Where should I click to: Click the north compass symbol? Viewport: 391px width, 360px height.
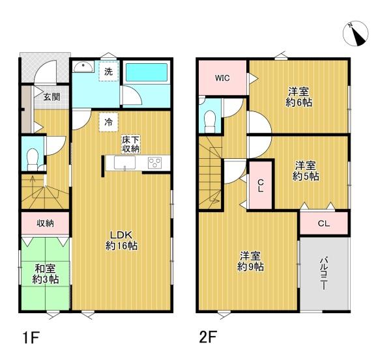click(355, 34)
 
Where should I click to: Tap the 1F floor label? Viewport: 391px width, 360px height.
click(31, 338)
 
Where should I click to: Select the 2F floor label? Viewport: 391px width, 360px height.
click(209, 337)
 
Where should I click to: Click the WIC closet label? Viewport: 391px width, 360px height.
click(222, 78)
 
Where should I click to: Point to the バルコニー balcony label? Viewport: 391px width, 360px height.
click(324, 273)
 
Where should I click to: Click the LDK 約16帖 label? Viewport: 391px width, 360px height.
click(121, 240)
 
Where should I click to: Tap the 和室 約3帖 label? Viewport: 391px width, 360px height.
click(46, 274)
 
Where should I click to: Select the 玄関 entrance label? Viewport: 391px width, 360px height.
click(52, 97)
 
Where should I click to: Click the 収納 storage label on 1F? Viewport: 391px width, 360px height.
click(45, 223)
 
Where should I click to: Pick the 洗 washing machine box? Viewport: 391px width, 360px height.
click(108, 72)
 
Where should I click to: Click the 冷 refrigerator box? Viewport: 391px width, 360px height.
click(108, 122)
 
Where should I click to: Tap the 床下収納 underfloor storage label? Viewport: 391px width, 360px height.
click(131, 144)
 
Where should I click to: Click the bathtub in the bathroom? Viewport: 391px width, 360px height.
click(147, 72)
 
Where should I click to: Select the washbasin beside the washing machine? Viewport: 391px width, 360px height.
click(83, 66)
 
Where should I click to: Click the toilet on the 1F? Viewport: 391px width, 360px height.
click(33, 159)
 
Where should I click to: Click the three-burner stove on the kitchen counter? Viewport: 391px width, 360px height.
click(155, 163)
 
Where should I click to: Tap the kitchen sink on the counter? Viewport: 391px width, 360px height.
click(124, 163)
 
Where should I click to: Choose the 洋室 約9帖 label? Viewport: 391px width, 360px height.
click(250, 261)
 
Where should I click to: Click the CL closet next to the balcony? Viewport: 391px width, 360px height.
click(324, 223)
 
